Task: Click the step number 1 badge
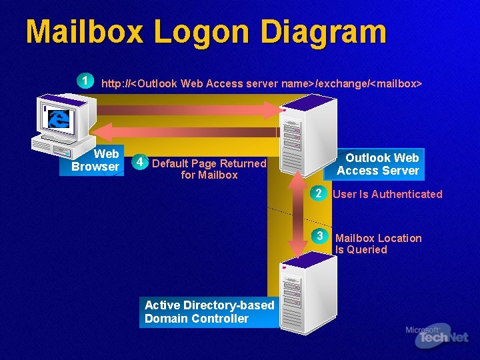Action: [x=85, y=81]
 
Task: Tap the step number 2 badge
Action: [x=319, y=194]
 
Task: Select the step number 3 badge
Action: [x=320, y=237]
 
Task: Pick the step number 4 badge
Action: [x=138, y=162]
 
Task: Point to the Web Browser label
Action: [x=95, y=161]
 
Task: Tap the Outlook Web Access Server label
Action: [x=378, y=164]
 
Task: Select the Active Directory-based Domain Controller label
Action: [x=209, y=311]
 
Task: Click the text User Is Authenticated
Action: [x=387, y=194]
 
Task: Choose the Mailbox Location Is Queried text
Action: [x=378, y=243]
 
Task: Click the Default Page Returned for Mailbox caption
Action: [x=209, y=169]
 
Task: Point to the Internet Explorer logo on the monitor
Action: [x=59, y=119]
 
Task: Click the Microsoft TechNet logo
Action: [x=437, y=337]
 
